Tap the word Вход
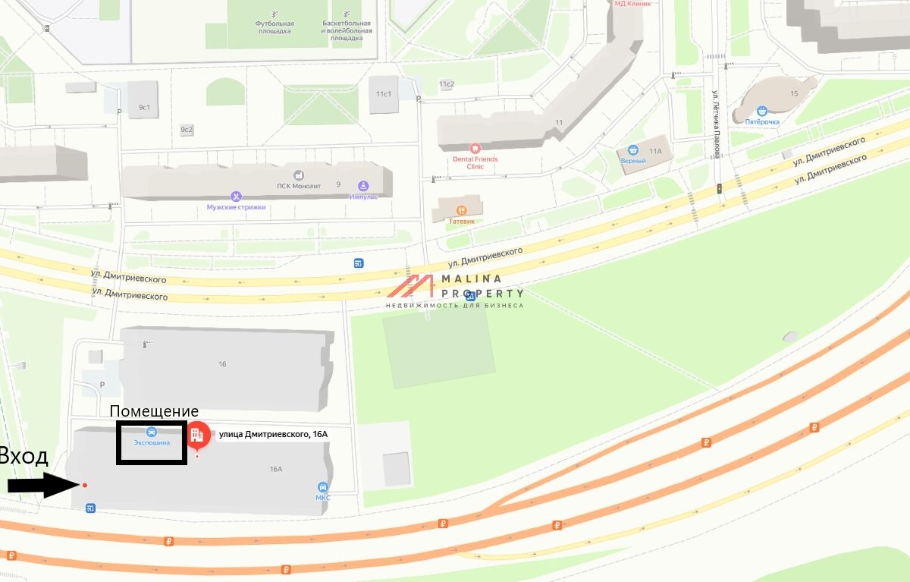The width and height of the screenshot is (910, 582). (x=24, y=456)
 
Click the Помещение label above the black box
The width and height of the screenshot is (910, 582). (x=154, y=411)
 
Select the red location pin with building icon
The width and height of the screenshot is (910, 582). (x=198, y=435)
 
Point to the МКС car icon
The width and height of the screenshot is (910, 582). (x=323, y=487)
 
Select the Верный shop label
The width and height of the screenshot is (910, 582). (x=633, y=160)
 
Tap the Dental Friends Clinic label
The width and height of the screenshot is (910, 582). (x=475, y=162)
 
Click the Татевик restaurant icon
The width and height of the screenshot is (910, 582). (x=460, y=210)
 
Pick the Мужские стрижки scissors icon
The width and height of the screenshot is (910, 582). (x=236, y=197)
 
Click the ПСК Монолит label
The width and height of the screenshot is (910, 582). (x=299, y=186)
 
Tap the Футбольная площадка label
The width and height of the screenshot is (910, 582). (x=275, y=27)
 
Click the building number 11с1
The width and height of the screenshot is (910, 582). (x=384, y=93)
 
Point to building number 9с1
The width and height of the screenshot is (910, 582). (x=144, y=108)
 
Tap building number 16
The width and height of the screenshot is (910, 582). (x=222, y=364)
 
